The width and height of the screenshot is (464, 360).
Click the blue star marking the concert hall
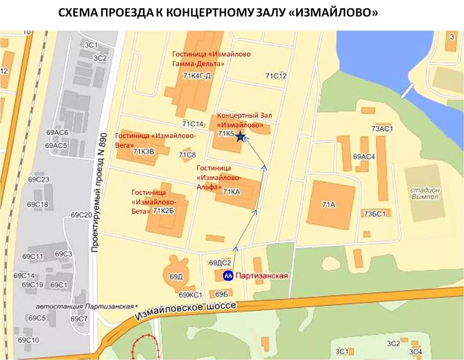point(240,136)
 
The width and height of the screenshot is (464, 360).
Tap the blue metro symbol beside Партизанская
point(229,275)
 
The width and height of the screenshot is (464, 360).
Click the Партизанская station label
point(261,275)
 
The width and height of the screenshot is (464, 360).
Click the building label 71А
point(329,205)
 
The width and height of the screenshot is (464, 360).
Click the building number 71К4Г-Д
point(197,76)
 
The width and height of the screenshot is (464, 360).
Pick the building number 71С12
point(276,76)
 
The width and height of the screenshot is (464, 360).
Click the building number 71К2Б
point(164,211)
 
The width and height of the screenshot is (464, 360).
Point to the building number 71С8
point(187,155)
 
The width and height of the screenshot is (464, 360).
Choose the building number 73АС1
point(382,129)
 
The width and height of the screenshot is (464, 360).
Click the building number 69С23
point(38,180)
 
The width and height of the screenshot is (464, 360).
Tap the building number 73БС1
point(375,214)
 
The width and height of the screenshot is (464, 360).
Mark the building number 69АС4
point(364,157)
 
